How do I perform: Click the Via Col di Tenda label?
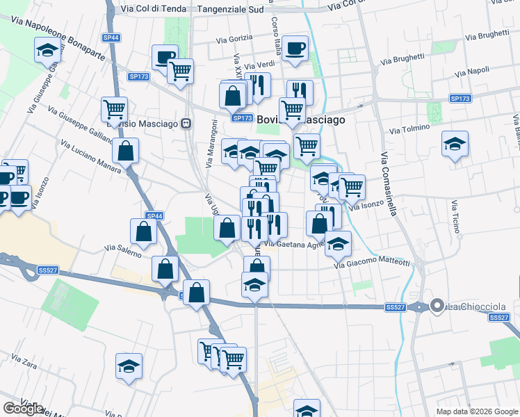pyautogui.click(x=150, y=9)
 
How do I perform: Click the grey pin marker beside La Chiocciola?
pyautogui.click(x=437, y=305)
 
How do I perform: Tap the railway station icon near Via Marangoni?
pyautogui.click(x=186, y=124)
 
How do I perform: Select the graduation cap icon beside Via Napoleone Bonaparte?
pyautogui.click(x=47, y=49)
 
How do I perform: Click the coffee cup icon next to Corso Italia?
pyautogui.click(x=295, y=48)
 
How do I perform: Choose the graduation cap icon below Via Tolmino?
pyautogui.click(x=455, y=144)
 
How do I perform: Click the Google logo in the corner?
pyautogui.click(x=23, y=409)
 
